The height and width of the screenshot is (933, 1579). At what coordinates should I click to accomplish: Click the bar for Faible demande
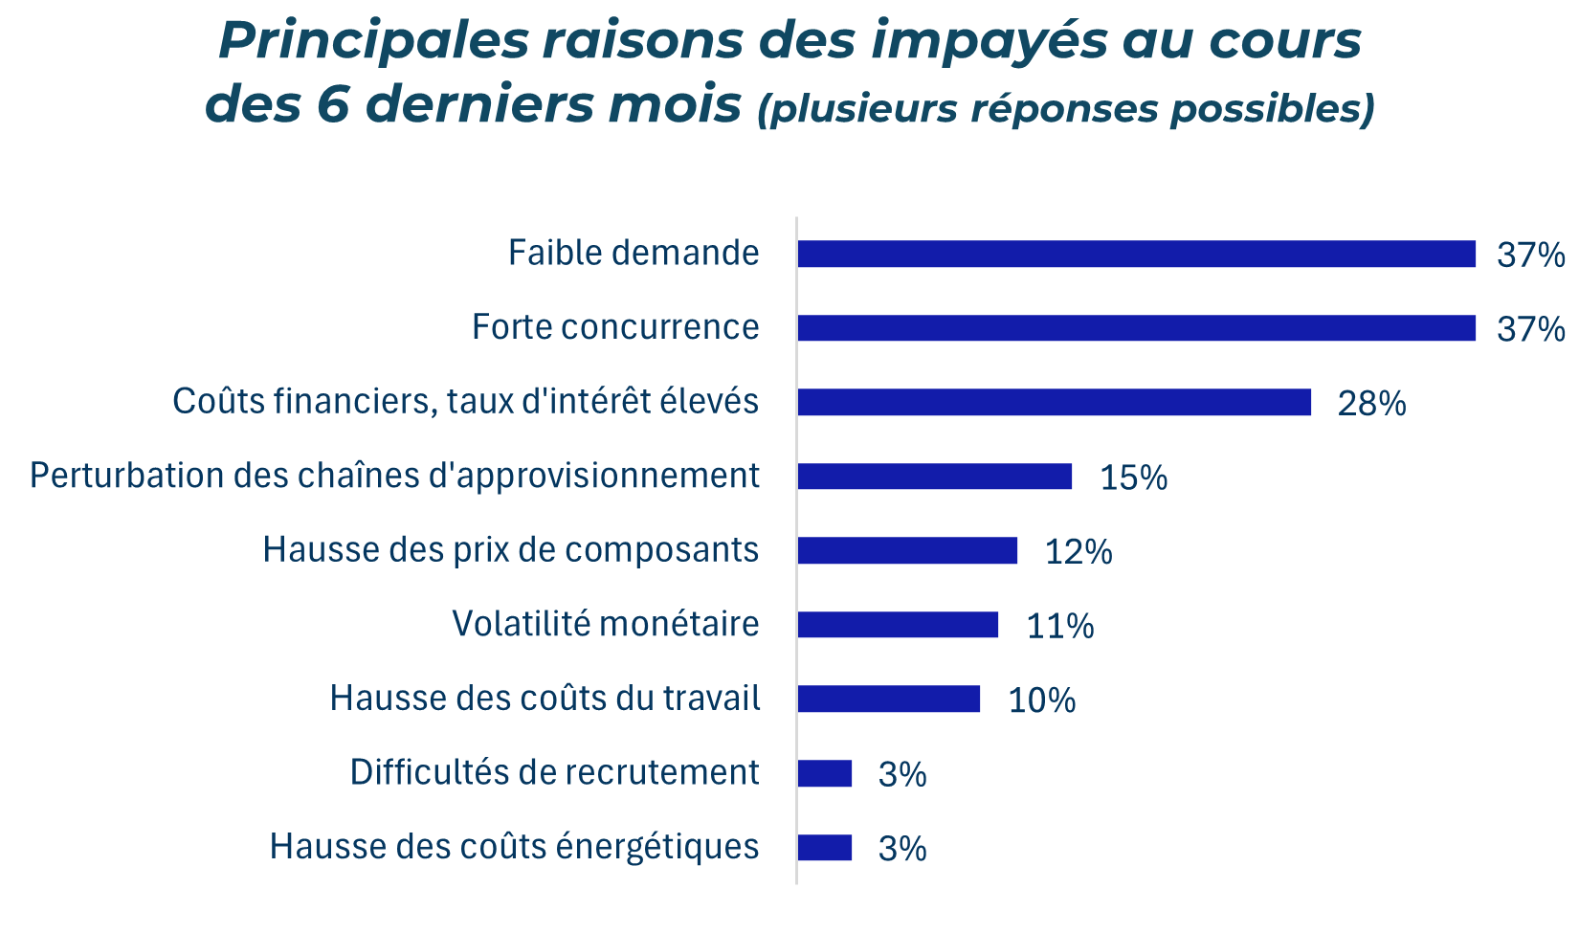pos(1136,254)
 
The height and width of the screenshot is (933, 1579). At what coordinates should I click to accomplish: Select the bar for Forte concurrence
pos(1136,328)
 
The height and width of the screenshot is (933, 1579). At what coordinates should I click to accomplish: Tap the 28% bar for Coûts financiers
pos(1054,402)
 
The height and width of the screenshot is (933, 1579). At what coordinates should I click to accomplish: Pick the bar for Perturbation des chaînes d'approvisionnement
pos(934,477)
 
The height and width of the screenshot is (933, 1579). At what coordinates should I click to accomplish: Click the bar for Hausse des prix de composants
pos(906,550)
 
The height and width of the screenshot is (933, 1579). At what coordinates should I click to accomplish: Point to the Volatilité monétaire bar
pos(897,625)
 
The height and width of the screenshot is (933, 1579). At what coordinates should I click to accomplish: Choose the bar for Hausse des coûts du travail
pos(888,699)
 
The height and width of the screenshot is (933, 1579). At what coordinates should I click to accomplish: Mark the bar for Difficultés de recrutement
pos(824,773)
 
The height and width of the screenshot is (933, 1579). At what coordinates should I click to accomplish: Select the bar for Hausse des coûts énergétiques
pos(824,848)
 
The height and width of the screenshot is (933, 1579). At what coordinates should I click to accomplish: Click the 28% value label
pos(1371,404)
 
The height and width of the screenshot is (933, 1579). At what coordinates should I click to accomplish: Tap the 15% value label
pos(1133,478)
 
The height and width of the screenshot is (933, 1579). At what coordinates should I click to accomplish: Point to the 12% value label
pos(1079,552)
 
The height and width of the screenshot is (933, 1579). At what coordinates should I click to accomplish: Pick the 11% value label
pos(1059,627)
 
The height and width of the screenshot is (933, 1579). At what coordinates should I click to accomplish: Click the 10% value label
pos(1041,700)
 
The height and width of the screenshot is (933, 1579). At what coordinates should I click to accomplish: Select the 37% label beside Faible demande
pos(1531,255)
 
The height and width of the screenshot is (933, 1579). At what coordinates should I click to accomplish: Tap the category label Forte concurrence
pos(615,327)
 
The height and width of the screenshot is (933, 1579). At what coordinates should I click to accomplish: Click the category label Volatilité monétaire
pos(605,624)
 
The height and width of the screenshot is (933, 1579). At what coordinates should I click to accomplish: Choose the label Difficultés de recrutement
pos(554,772)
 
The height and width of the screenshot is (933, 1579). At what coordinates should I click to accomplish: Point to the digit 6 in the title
pos(334,105)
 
